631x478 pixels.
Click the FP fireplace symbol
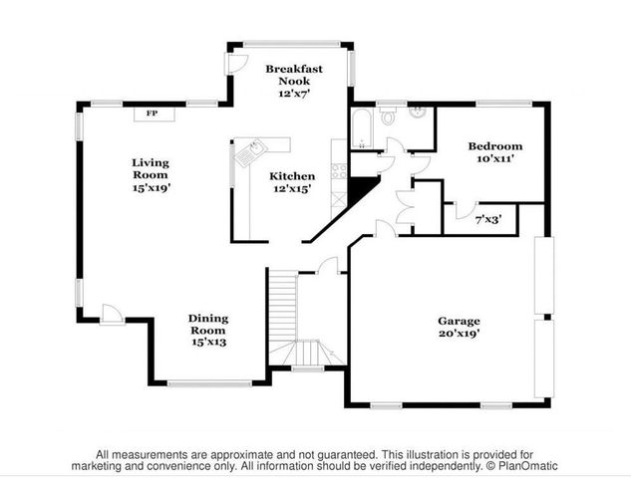152,114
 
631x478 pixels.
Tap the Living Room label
151,168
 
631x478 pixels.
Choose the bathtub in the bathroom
360,127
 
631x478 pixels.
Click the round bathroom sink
420,112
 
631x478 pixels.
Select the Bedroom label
495,146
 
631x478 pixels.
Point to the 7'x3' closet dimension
487,218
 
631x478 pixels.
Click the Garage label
459,321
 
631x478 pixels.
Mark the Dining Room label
208,325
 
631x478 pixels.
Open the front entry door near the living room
113,316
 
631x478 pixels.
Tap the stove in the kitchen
339,169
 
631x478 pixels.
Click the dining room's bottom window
209,383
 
